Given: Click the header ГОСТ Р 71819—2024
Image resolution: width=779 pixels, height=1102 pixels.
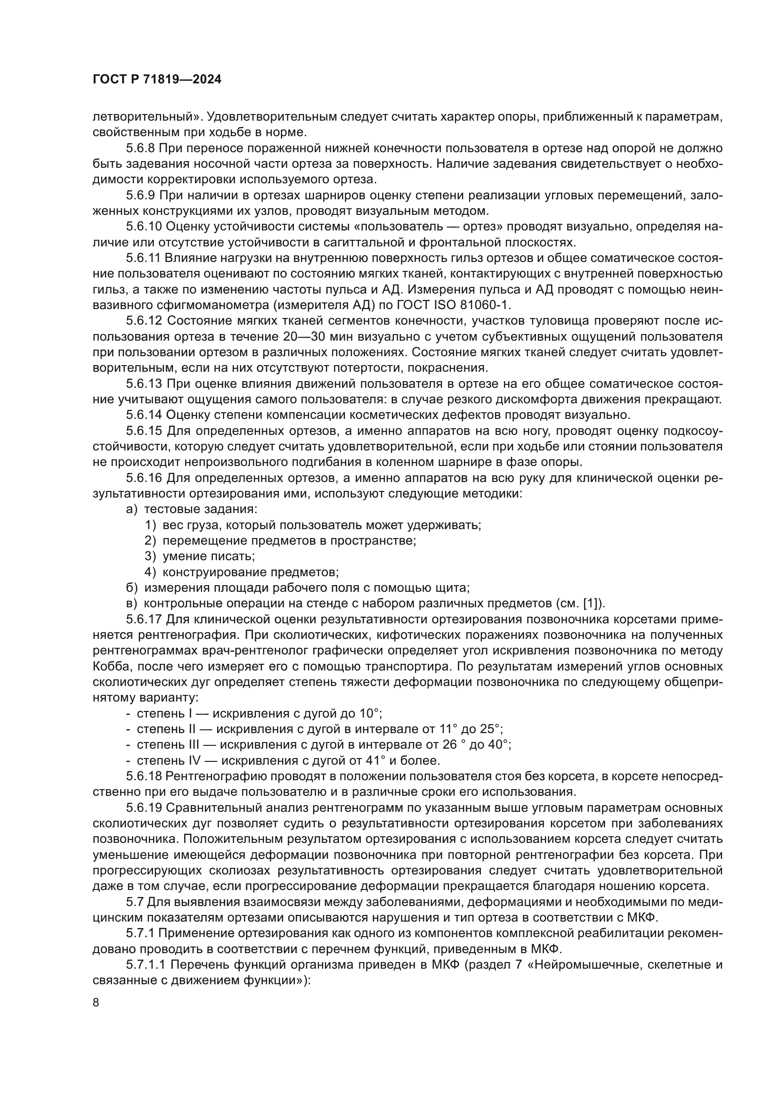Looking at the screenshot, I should [157, 80].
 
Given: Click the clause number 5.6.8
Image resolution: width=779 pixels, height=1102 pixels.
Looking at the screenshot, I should [141, 148].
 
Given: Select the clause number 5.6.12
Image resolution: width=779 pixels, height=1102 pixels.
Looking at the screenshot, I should [145, 321].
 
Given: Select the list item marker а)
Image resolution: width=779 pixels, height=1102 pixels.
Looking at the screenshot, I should [131, 509].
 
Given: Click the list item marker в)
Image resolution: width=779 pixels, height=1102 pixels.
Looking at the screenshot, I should [131, 604].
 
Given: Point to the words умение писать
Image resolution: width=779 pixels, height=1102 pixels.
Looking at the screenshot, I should [209, 556].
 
